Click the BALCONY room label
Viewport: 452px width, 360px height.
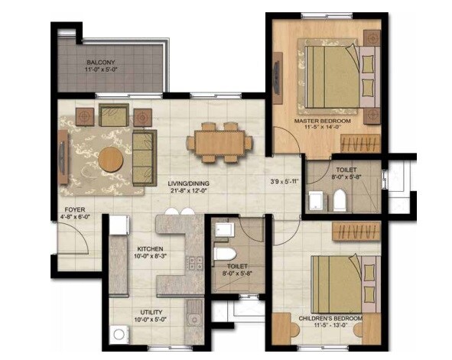(101, 62)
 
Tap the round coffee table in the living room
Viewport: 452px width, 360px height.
(111, 159)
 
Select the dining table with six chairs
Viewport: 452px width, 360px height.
(219, 142)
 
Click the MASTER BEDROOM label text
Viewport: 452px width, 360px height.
(324, 122)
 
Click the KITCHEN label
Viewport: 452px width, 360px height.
(151, 249)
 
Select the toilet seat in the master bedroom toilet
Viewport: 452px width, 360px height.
(339, 201)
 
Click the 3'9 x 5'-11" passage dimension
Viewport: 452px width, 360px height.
(284, 182)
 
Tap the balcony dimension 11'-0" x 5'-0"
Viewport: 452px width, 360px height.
(101, 70)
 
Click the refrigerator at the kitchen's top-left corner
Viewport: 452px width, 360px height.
(118, 225)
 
